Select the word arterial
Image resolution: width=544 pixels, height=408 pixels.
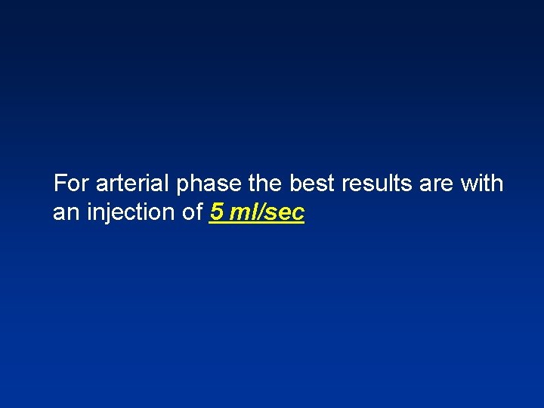[x=132, y=184]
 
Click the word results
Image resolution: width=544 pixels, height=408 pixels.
[x=371, y=184]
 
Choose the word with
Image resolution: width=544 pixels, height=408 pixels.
[x=481, y=184]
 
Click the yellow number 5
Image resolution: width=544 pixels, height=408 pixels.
[x=217, y=213]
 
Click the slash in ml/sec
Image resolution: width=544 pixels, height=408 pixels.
[x=261, y=213]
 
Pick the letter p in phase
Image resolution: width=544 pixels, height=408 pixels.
[x=184, y=187]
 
